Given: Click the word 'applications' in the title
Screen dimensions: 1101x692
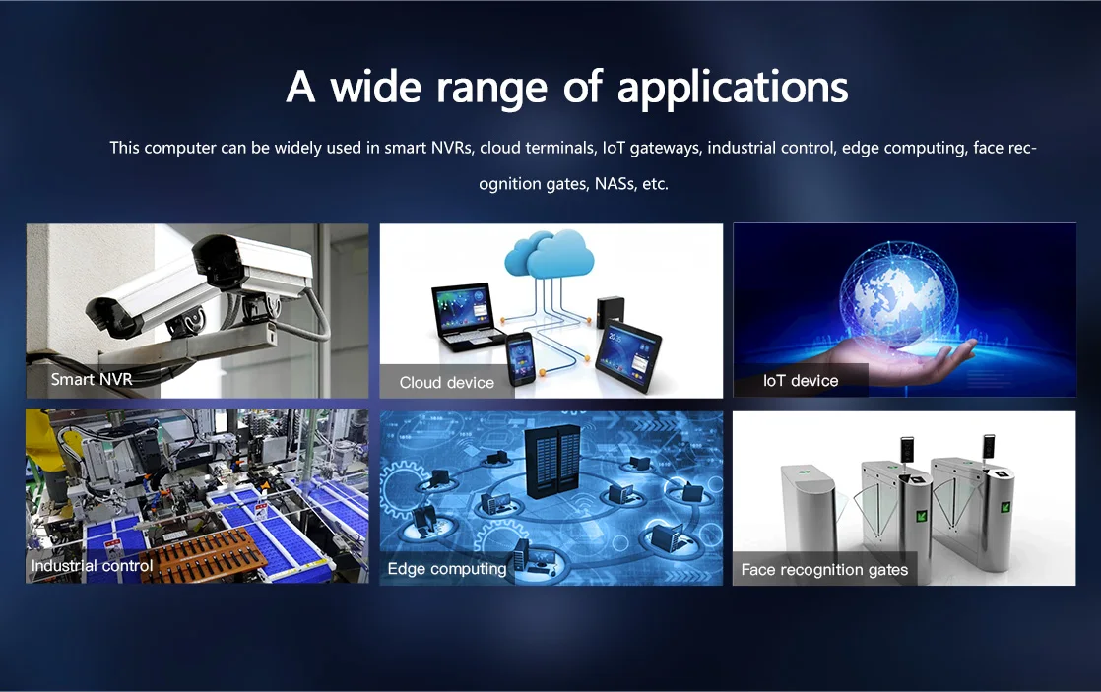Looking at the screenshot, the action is coord(733,89).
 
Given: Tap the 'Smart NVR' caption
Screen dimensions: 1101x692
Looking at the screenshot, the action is coord(92,379).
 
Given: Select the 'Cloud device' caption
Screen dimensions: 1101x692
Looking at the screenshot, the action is coord(446,383).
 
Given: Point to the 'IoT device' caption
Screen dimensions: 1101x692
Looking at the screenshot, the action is coord(801,380).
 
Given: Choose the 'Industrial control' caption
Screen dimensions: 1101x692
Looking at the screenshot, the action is coord(92,566).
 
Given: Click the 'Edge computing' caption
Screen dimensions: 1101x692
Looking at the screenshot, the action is coord(446,569).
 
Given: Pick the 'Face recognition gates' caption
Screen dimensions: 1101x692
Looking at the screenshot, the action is coord(824,570).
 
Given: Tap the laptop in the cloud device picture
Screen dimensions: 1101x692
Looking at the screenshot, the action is coord(464,316).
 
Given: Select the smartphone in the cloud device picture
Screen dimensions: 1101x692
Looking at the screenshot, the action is coord(520,358).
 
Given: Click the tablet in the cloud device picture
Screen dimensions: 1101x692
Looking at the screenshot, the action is coord(627,356).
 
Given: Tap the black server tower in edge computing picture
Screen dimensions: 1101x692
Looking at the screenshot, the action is coord(551,461).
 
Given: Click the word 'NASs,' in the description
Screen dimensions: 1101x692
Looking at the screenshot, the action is coord(615,184).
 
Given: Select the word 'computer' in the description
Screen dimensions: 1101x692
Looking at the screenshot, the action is coord(180,149).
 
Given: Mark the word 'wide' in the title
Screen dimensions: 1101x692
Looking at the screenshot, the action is coord(375,89).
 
